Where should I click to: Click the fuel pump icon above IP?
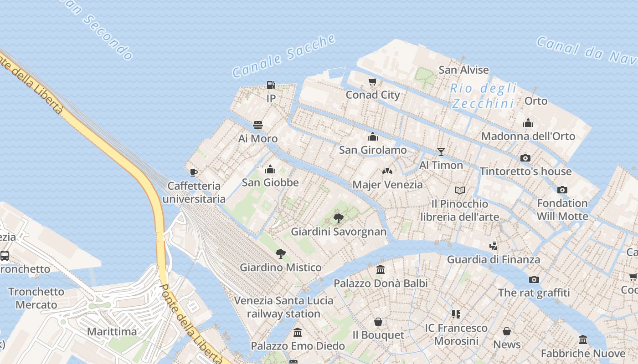point(271,85)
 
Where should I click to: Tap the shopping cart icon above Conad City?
point(373,82)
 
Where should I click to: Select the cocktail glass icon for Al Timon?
point(441,152)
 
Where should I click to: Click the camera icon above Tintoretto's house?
point(525,158)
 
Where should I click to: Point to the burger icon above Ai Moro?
point(258,125)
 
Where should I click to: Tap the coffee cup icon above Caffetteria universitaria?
point(194,172)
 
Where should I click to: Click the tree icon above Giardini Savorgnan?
point(338,218)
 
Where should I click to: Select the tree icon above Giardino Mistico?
point(281,254)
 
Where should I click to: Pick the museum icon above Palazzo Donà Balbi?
point(381,270)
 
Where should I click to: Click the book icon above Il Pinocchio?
point(460,190)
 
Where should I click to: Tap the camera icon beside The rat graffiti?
point(534,279)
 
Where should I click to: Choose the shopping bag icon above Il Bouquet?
point(378,322)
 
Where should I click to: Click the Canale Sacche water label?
point(284,56)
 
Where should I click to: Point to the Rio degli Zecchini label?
point(484,96)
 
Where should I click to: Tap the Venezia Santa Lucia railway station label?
point(284,307)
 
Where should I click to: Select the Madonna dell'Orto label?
point(528,136)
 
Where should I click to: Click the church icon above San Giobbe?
point(270,170)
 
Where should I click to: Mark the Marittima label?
point(112,331)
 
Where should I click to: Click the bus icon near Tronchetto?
point(5,256)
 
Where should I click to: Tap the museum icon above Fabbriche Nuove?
point(583,340)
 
